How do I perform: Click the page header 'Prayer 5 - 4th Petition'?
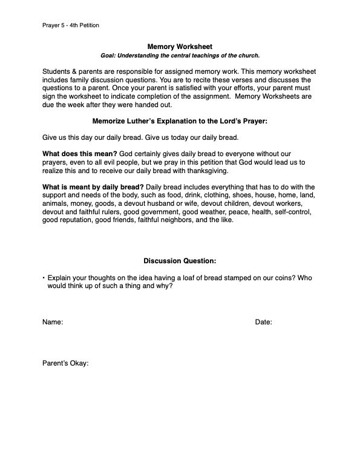[71, 25]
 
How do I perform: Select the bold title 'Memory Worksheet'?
[180, 46]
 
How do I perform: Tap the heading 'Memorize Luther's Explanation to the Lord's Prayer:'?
[180, 122]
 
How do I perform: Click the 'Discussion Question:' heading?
[180, 261]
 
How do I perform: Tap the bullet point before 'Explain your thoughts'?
[44, 277]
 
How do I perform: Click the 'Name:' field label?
[53, 323]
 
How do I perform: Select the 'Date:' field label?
[263, 323]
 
